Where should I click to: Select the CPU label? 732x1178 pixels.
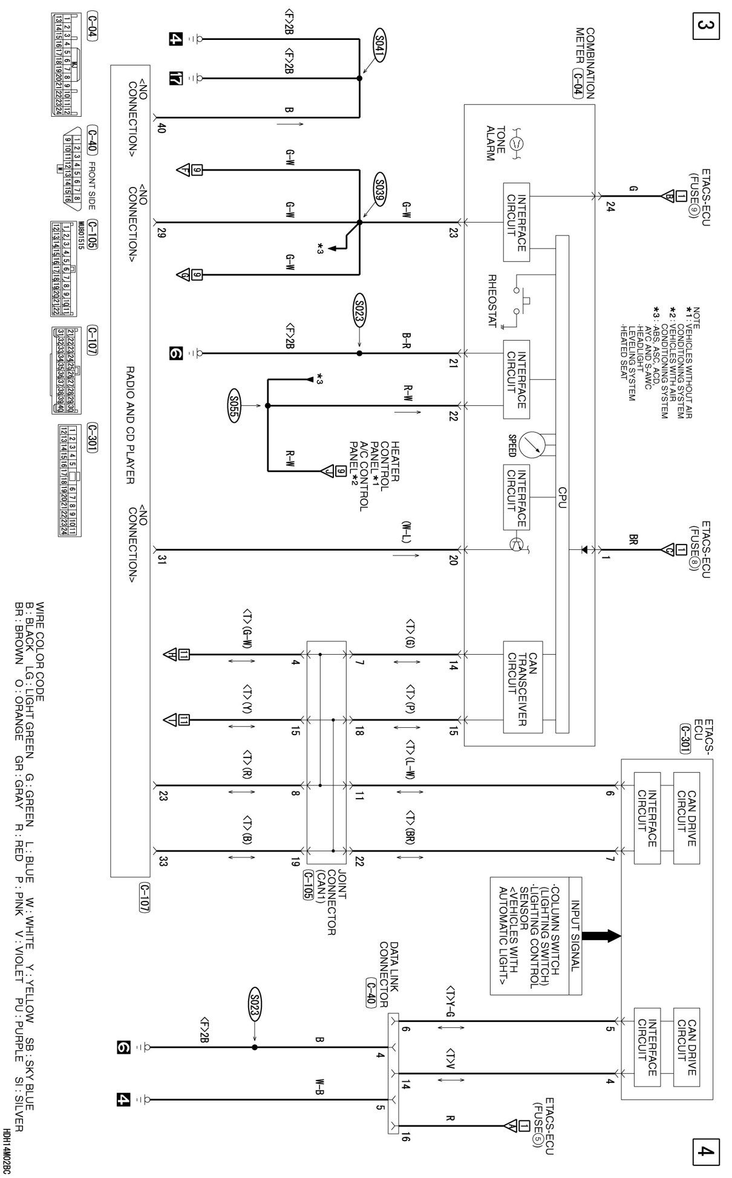tap(562, 496)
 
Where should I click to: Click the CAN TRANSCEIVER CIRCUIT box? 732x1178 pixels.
tap(521, 686)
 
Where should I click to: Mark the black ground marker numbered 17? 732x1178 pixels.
tap(175, 78)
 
